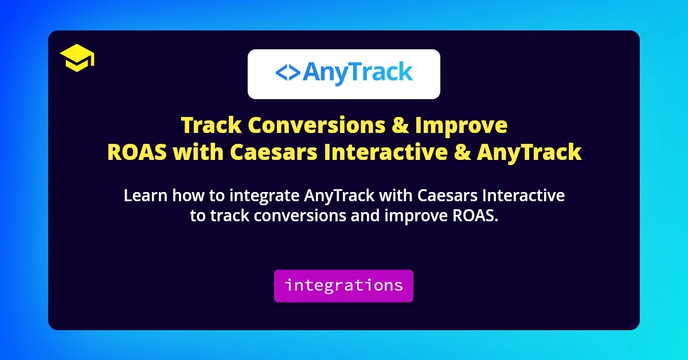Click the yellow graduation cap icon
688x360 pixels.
[x=77, y=58]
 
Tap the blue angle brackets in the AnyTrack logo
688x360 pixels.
[x=287, y=73]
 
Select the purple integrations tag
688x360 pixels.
[x=343, y=285]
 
